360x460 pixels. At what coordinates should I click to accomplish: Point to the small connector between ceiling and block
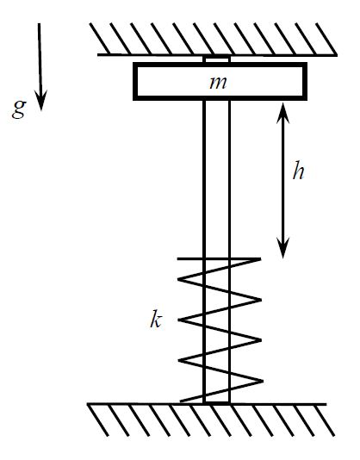217,59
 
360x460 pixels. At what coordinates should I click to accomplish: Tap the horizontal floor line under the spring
276,403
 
